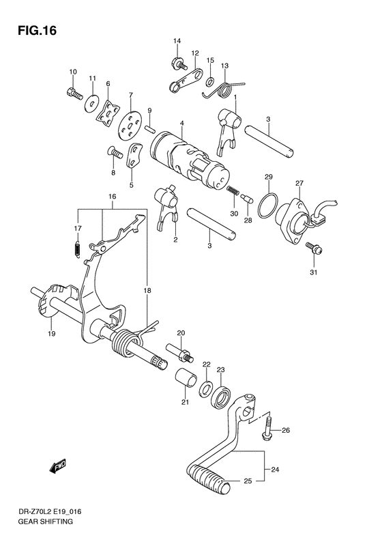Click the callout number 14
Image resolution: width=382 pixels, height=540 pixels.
176,42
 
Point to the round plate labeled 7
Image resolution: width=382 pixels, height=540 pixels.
127,125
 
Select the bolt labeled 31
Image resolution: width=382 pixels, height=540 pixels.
312,247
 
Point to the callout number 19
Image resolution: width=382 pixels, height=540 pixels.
52,334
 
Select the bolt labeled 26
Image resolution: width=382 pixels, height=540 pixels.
267,430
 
